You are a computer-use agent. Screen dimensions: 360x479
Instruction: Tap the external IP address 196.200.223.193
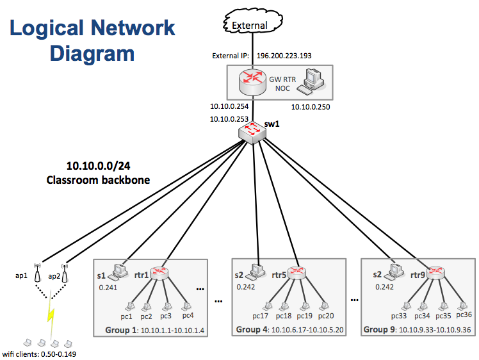(284, 56)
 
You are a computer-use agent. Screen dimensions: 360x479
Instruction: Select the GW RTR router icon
(252, 81)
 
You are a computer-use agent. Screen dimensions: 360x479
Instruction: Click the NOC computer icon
(314, 81)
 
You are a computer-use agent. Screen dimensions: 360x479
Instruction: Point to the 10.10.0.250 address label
(311, 107)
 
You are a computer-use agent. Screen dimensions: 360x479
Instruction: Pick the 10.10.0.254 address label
(229, 106)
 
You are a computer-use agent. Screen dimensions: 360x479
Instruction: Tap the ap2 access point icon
(65, 275)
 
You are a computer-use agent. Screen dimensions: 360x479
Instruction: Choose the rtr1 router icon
(159, 273)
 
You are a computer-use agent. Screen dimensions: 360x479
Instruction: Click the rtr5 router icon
(297, 273)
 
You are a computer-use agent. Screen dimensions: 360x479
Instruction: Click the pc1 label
(126, 316)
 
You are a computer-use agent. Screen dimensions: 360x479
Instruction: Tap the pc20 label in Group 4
(326, 316)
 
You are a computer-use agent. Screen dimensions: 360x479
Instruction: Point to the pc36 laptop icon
(464, 304)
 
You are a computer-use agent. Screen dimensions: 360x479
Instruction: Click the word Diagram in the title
(92, 54)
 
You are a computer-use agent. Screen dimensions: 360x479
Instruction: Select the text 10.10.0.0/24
(98, 165)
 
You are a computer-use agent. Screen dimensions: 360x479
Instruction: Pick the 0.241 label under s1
(109, 288)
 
